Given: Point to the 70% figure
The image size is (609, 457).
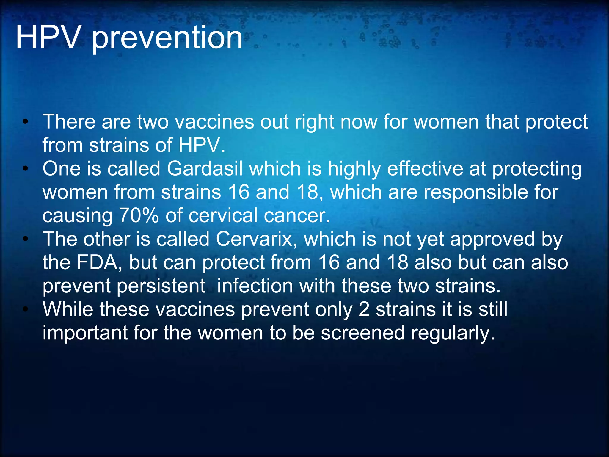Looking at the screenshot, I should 139,215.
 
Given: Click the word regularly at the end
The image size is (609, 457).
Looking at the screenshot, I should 453,333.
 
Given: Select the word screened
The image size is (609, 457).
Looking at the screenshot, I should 362,333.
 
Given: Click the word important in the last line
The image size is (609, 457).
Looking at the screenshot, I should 85,333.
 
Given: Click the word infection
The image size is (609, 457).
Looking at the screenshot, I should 255,286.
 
